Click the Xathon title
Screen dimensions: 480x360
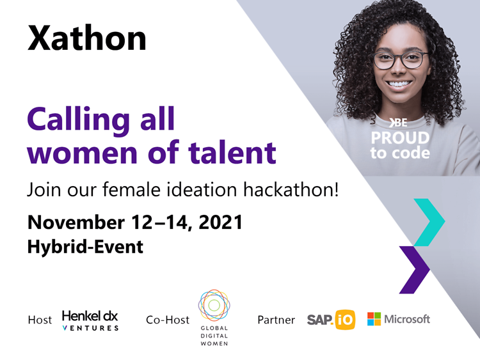coord(87,38)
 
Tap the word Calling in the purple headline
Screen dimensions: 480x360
coord(79,120)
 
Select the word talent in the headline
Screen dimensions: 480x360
coord(232,152)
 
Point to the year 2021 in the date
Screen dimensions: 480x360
coord(220,222)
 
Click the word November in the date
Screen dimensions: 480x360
coord(76,222)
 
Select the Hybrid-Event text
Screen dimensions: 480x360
coord(85,247)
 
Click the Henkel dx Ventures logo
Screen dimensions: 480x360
coord(90,320)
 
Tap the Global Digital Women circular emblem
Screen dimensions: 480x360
coord(214,305)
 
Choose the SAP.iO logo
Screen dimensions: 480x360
coord(331,320)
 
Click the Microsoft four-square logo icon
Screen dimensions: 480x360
coord(374,319)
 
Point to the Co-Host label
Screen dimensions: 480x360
coord(168,320)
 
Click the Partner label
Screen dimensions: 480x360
coord(276,320)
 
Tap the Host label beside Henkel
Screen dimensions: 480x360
coord(40,320)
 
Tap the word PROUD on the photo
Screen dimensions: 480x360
coord(400,138)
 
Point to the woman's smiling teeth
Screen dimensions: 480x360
coord(398,84)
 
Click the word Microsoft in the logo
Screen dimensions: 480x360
coord(407,319)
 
